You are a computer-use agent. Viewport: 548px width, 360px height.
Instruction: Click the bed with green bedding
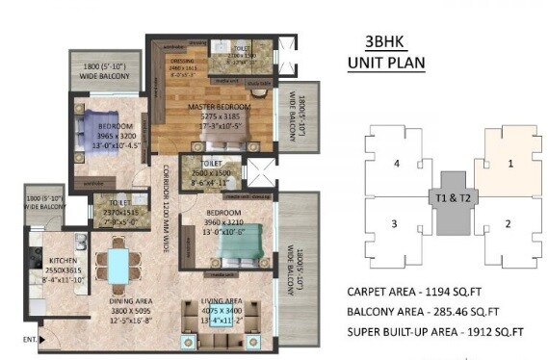click(x=236, y=255)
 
